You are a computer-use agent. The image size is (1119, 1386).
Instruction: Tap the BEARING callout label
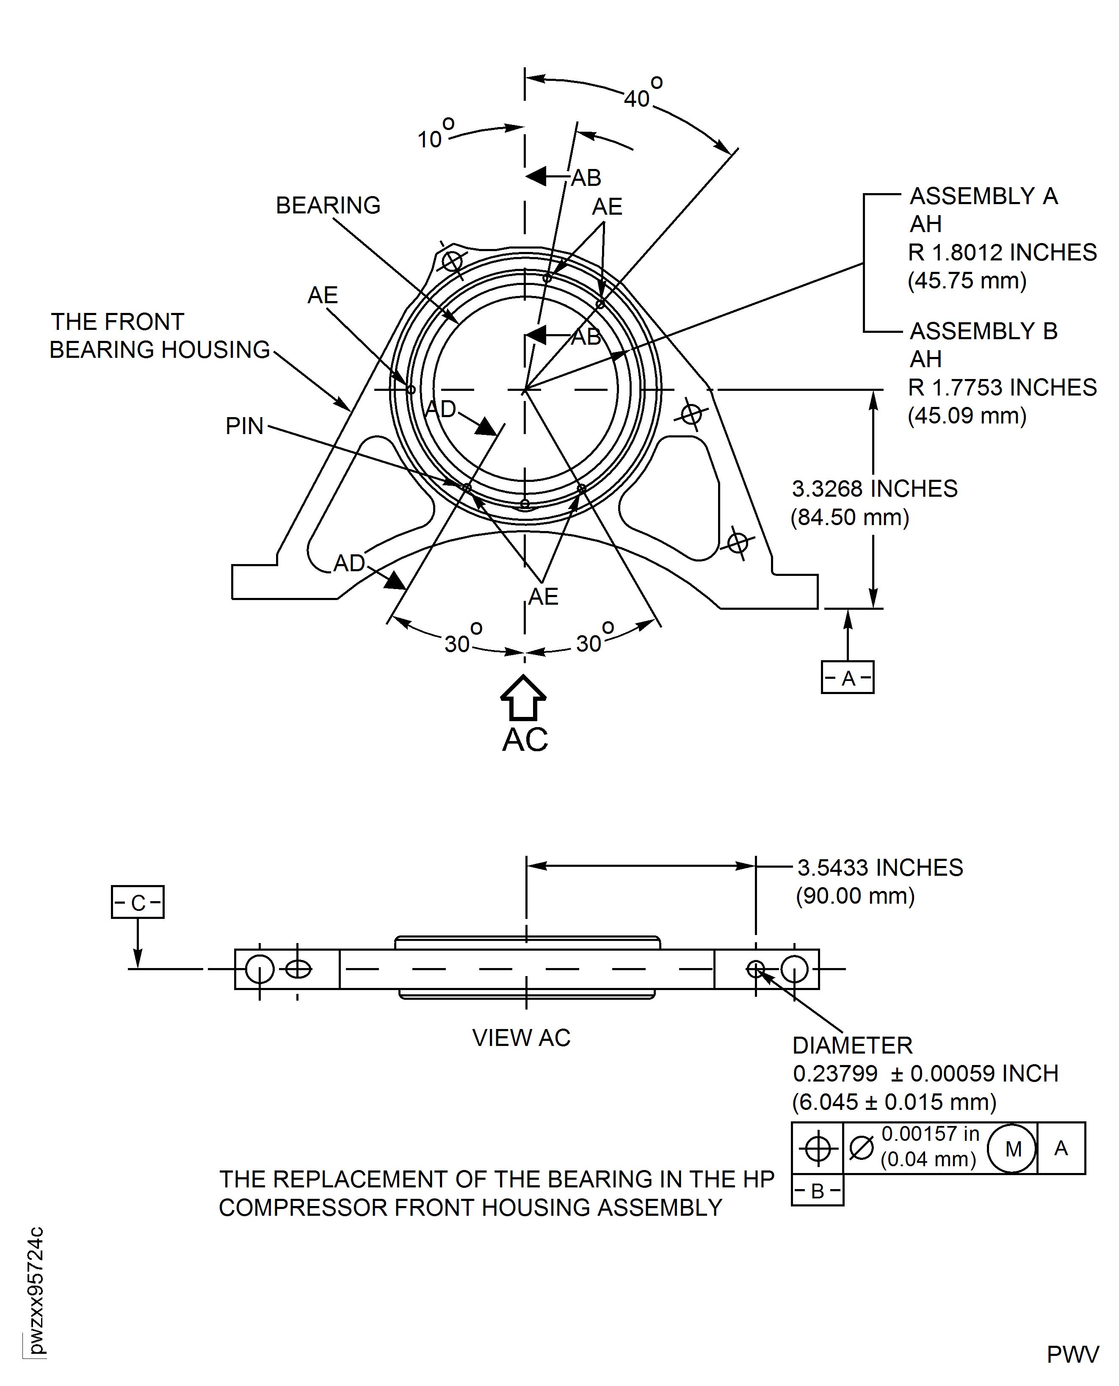point(328,205)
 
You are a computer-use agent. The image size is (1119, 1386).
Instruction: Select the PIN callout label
point(244,426)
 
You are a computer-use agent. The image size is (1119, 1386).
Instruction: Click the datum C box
point(137,902)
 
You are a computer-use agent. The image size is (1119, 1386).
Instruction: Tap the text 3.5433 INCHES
point(880,868)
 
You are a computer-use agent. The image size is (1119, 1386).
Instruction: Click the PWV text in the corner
point(1072,1354)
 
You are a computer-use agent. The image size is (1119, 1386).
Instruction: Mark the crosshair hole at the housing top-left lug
point(452,262)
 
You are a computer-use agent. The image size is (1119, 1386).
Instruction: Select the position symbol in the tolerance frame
point(817,1148)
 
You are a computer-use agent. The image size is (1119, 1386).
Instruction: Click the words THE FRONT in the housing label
point(117,321)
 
